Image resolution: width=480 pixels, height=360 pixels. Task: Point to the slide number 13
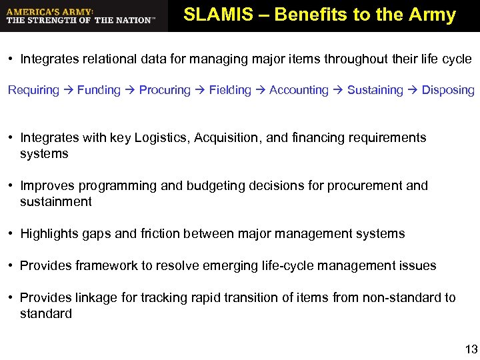tap(471, 349)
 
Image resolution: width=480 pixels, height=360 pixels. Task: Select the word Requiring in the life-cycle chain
tap(33, 90)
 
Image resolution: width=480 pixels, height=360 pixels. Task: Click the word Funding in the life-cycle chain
tap(99, 90)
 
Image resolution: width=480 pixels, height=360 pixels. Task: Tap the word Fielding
tap(230, 90)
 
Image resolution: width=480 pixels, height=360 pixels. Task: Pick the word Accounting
tap(299, 90)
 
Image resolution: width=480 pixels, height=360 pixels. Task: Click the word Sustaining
tap(375, 90)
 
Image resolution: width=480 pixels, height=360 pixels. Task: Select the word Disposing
tap(448, 90)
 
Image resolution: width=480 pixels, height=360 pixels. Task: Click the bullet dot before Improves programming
tap(11, 186)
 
